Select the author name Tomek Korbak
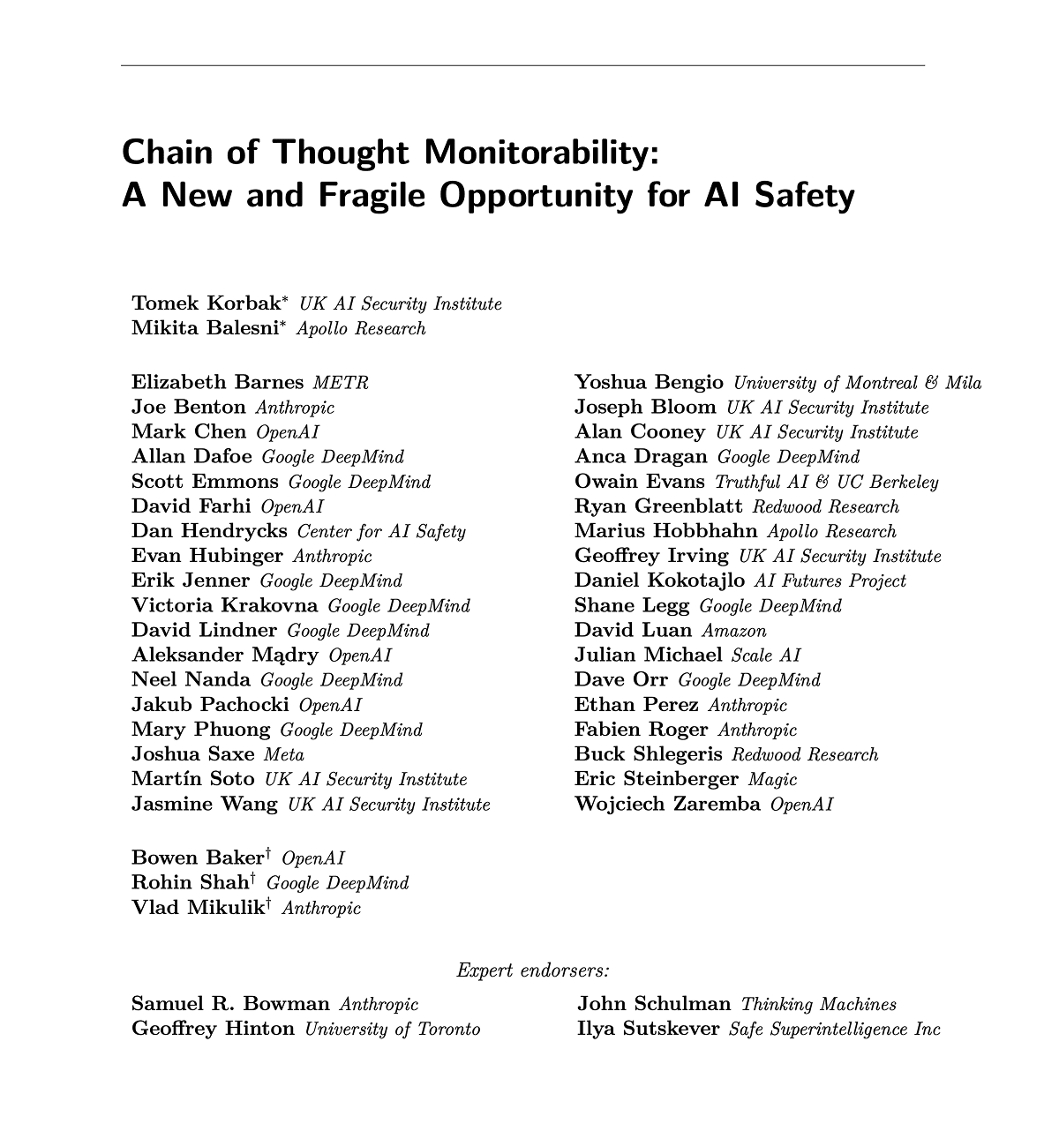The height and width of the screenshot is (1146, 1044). click(x=206, y=303)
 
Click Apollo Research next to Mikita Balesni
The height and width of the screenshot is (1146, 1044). click(x=361, y=329)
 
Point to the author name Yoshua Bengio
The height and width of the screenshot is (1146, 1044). click(x=649, y=382)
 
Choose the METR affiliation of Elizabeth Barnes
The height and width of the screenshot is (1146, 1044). click(x=341, y=383)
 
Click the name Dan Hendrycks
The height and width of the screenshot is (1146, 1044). click(x=209, y=531)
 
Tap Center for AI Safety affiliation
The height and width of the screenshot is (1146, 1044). click(x=381, y=531)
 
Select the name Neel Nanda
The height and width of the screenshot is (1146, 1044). click(x=191, y=679)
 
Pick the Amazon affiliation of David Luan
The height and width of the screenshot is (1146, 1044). click(x=734, y=631)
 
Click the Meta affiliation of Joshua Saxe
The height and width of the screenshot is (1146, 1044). click(x=284, y=754)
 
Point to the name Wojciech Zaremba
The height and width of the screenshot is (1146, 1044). click(x=667, y=804)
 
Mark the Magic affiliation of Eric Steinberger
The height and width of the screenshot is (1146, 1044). click(x=772, y=779)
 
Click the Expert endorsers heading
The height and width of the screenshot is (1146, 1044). click(x=533, y=970)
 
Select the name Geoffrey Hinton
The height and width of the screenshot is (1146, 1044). click(x=213, y=1029)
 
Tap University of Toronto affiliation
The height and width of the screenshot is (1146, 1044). click(x=393, y=1029)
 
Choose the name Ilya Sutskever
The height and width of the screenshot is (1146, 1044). click(x=648, y=1029)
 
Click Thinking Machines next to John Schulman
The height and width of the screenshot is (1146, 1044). click(x=818, y=1004)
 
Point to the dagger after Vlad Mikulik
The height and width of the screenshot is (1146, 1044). click(x=268, y=903)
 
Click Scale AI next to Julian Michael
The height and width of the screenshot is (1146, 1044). click(x=766, y=655)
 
